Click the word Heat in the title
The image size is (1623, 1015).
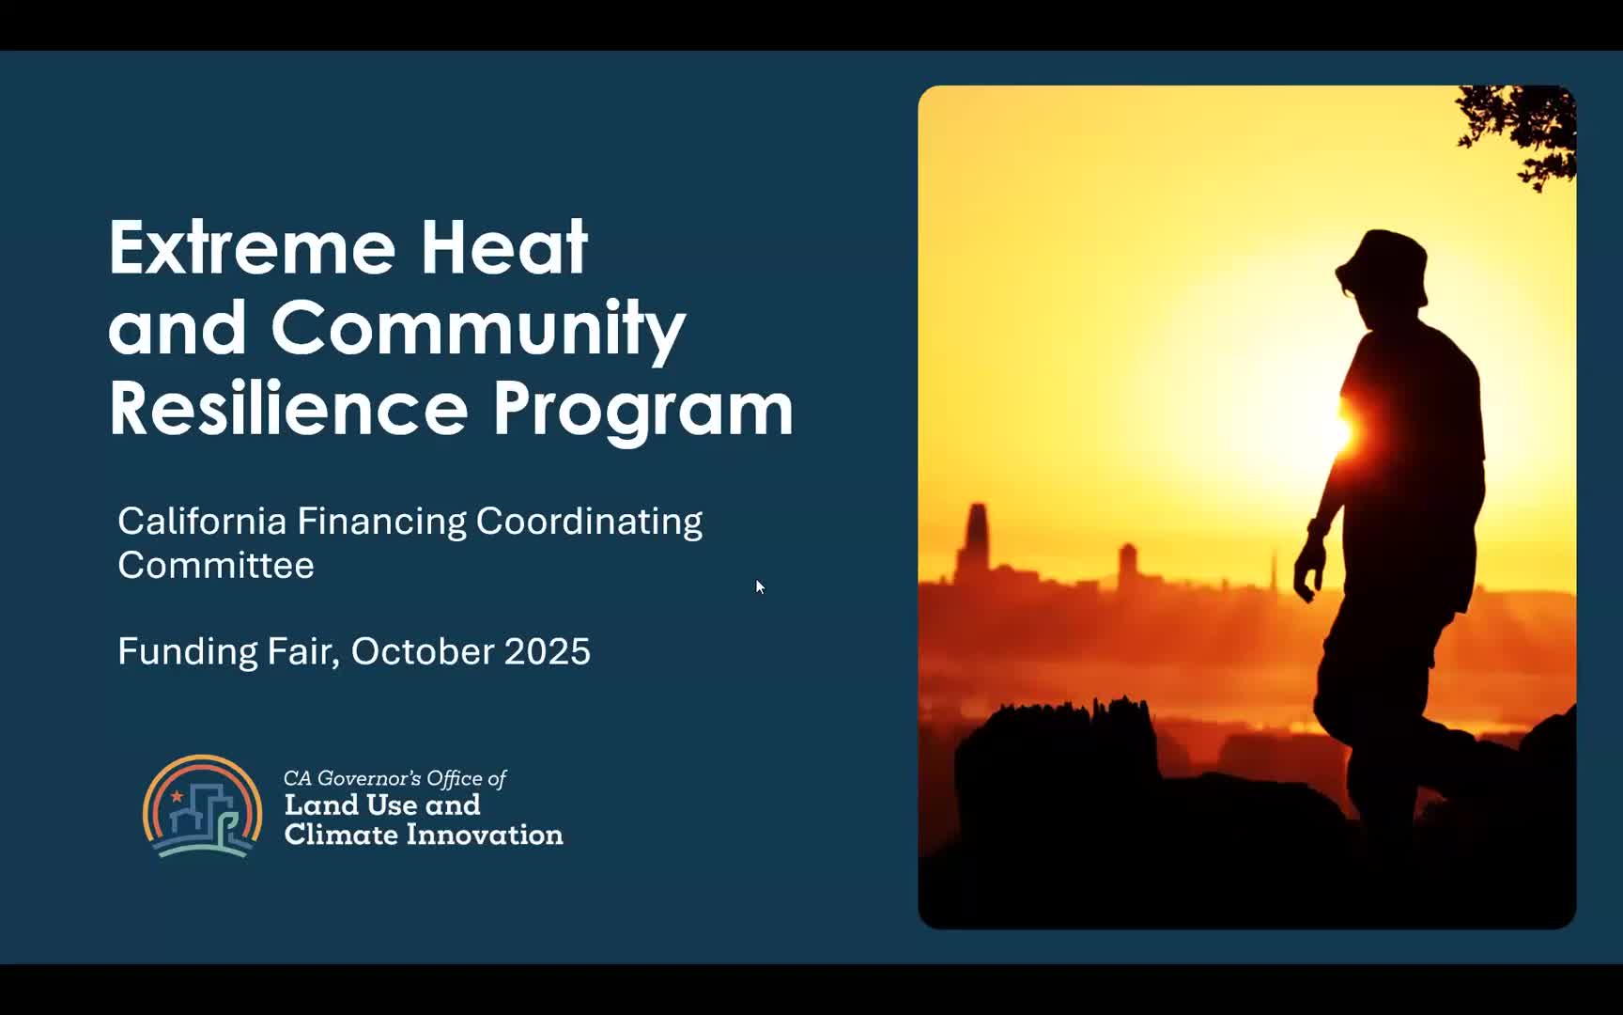pyautogui.click(x=503, y=247)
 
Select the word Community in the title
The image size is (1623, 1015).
pyautogui.click(x=478, y=329)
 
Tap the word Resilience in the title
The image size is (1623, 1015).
pyautogui.click(x=288, y=409)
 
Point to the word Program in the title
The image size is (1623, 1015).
pyautogui.click(x=643, y=411)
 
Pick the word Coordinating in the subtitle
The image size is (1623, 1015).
pyautogui.click(x=589, y=523)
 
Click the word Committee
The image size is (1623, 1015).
pyautogui.click(x=216, y=566)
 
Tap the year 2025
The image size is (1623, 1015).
pyautogui.click(x=548, y=651)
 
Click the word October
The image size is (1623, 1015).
pyautogui.click(x=423, y=651)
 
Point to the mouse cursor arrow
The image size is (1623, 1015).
pyautogui.click(x=759, y=586)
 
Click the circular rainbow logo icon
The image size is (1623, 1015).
pyautogui.click(x=202, y=806)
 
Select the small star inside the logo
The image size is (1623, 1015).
pyautogui.click(x=177, y=796)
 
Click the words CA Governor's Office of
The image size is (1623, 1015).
pyautogui.click(x=394, y=778)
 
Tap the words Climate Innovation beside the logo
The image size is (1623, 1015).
pyautogui.click(x=424, y=835)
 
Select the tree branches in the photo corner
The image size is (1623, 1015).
pyautogui.click(x=1520, y=132)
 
